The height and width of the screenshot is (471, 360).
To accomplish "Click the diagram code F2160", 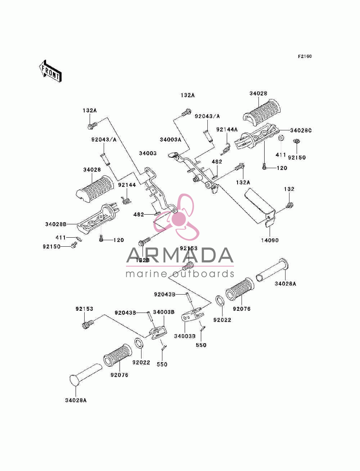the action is tap(305, 57).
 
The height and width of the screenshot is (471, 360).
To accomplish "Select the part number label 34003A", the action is tap(171, 140).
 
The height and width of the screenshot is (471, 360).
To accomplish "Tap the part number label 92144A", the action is tap(227, 130).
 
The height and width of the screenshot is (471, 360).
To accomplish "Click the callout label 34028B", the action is tap(56, 224).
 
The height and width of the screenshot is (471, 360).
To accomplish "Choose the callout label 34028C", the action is tap(301, 130).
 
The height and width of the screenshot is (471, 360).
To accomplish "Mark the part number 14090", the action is tap(270, 240).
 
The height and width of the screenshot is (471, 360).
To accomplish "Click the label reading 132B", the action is tap(143, 260).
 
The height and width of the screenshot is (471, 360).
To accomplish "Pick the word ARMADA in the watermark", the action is tap(180, 255).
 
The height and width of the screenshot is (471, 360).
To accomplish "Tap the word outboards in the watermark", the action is tap(203, 274).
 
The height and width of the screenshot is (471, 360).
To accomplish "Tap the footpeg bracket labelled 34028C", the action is tap(256, 136).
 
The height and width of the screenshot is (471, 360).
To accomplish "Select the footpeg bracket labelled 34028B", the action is tap(97, 218).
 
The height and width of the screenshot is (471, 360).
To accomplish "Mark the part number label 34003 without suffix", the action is tap(148, 153).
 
